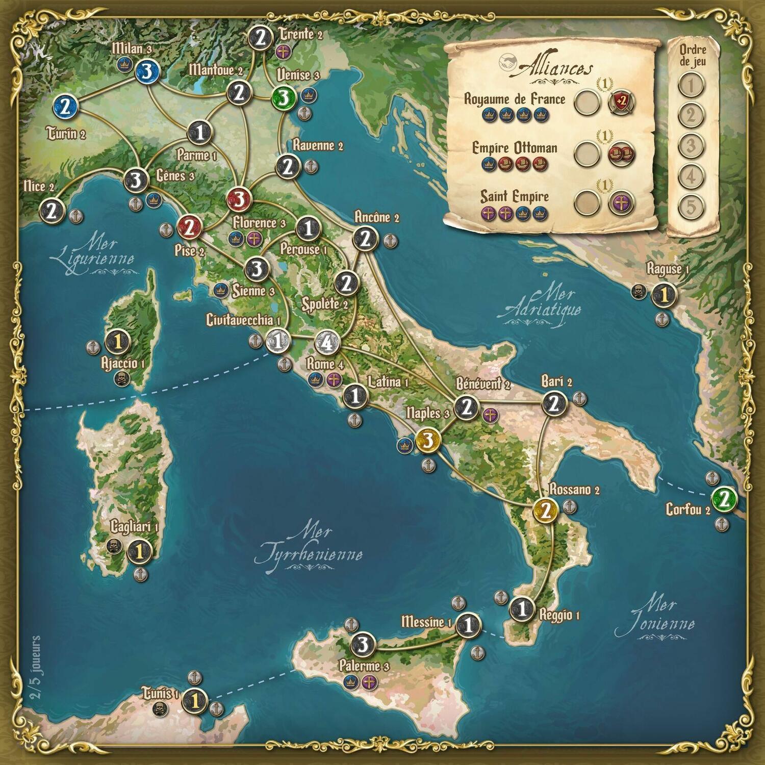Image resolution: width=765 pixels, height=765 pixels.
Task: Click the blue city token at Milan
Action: (146, 73)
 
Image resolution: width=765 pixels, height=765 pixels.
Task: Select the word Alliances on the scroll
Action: (555, 68)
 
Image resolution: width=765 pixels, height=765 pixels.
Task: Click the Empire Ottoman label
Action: (514, 148)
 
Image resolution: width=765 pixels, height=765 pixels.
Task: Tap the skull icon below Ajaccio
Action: (121, 378)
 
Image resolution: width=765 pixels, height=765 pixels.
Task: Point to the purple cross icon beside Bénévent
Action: (490, 415)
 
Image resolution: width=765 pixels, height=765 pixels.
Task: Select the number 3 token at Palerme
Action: (363, 645)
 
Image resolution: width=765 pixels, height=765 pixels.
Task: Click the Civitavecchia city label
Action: (243, 320)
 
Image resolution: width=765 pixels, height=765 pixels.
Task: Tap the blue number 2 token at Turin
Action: (66, 107)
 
